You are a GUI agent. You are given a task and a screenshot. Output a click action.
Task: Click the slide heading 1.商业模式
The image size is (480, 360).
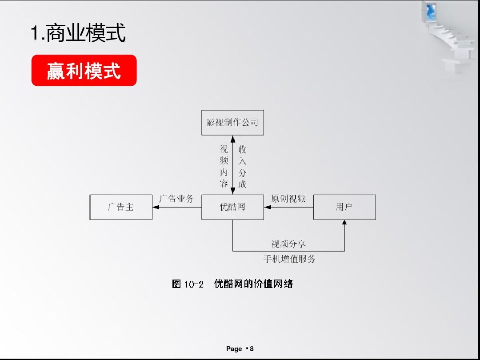coord(78,32)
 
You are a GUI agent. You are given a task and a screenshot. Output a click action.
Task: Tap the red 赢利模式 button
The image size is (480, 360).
coord(84,70)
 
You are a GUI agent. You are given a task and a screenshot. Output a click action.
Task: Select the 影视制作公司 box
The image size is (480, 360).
coord(232,123)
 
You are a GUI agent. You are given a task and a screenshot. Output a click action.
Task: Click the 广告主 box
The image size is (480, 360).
coord(121,207)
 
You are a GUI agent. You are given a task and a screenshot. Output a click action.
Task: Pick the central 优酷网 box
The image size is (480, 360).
coord(232,207)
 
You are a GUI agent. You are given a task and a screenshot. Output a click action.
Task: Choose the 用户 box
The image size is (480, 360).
coord(344,207)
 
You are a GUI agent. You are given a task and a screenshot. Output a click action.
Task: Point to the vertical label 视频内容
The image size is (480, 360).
coord(224,166)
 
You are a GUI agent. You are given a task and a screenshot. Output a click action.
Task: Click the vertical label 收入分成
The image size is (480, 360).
coord(243,167)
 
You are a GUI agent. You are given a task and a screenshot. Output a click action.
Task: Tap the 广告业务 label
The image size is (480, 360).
coord(176,199)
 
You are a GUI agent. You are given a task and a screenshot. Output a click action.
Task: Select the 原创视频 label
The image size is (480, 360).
coord(288,199)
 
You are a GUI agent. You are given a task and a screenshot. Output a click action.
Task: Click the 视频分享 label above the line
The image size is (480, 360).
coord(288,244)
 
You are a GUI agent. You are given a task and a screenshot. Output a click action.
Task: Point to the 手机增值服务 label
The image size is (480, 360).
coord(289,259)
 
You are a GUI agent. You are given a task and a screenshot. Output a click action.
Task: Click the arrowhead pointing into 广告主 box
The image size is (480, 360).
coord(156,207)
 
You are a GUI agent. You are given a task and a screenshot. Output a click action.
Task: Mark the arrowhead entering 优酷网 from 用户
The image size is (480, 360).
coord(268,207)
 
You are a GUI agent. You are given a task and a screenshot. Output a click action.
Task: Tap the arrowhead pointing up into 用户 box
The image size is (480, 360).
coord(344,223)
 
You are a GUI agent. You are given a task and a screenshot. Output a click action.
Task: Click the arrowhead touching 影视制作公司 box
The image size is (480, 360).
coord(232,139)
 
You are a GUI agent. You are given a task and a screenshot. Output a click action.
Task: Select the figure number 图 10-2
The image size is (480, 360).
coord(188,284)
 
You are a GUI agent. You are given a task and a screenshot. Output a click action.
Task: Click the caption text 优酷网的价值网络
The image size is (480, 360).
coord(253,284)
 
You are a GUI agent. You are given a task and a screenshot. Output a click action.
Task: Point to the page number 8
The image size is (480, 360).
coord(252,349)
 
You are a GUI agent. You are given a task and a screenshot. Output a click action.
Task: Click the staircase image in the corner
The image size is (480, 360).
coord(450,37)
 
